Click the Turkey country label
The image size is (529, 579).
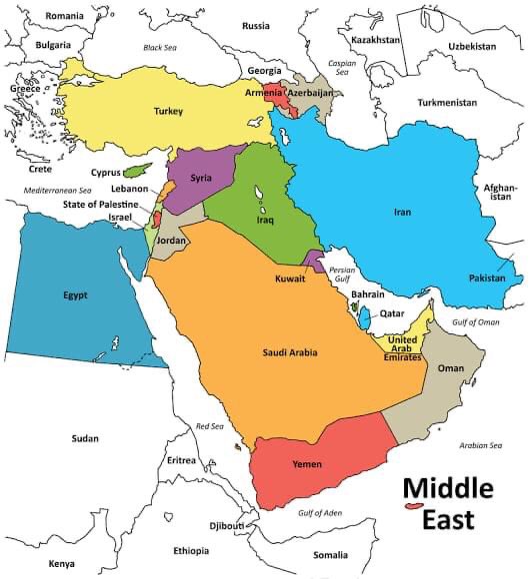168,111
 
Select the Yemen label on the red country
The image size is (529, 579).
306,464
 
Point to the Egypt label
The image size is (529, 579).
75,294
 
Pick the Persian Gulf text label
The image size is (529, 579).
342,275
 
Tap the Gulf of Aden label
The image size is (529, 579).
320,513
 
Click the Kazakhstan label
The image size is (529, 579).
375,39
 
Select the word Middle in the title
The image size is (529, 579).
448,488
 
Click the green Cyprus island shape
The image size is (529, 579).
149,167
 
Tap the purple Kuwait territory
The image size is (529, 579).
315,262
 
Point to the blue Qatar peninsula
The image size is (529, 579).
365,317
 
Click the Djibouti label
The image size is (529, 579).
226,525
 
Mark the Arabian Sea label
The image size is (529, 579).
481,445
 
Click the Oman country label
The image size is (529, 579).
452,368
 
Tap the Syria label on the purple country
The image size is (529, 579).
201,177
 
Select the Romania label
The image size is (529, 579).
65,16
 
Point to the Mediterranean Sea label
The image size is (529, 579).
57,190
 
